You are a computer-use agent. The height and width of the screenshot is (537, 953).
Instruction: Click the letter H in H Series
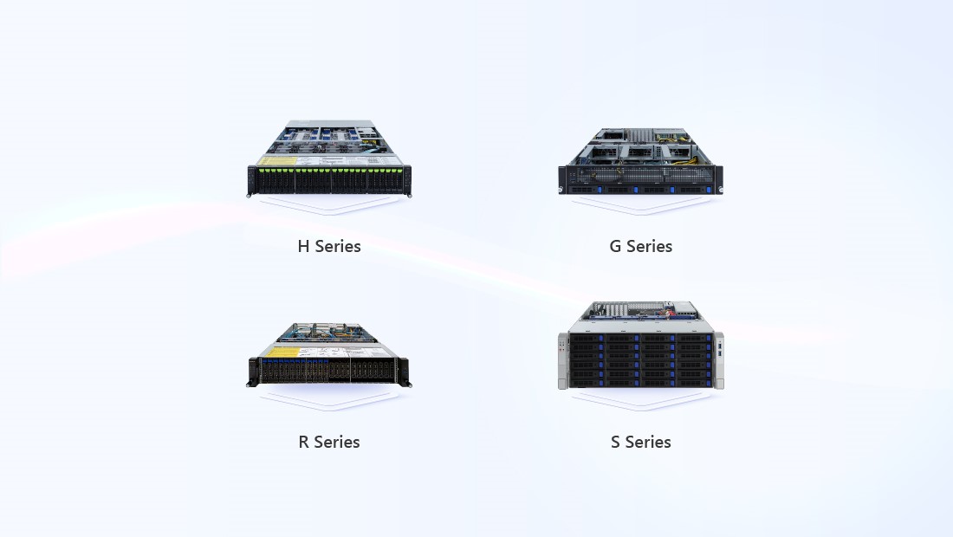pyautogui.click(x=303, y=246)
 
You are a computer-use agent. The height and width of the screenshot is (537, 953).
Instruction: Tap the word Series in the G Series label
pyautogui.click(x=649, y=246)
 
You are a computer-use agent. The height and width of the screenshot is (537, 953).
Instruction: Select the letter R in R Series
pyautogui.click(x=303, y=442)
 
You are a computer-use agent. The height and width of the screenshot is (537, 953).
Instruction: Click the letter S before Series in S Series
pyautogui.click(x=615, y=442)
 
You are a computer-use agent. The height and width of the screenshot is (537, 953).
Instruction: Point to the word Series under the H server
pyautogui.click(x=337, y=246)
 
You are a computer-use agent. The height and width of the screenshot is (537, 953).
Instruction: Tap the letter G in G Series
pyautogui.click(x=615, y=246)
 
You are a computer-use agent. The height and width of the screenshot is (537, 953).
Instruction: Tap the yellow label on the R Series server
pyautogui.click(x=282, y=352)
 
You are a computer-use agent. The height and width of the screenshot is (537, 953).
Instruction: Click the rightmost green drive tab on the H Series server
pyautogui.click(x=399, y=170)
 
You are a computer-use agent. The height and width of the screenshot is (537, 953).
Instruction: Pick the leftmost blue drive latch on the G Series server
pyautogui.click(x=600, y=191)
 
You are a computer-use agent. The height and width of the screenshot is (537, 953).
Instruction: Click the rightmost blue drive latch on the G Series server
pyautogui.click(x=709, y=191)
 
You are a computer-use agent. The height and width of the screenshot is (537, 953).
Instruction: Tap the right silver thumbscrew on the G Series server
pyautogui.click(x=720, y=191)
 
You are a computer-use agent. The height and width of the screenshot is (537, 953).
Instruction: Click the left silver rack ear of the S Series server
pyautogui.click(x=563, y=361)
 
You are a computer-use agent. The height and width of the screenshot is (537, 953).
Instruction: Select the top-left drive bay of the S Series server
pyautogui.click(x=586, y=339)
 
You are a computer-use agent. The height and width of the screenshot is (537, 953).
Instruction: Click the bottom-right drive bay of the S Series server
pyautogui.click(x=696, y=382)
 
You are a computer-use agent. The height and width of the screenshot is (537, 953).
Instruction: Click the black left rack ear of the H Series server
pyautogui.click(x=251, y=181)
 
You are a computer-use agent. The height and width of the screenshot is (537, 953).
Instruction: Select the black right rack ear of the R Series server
pyautogui.click(x=405, y=372)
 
